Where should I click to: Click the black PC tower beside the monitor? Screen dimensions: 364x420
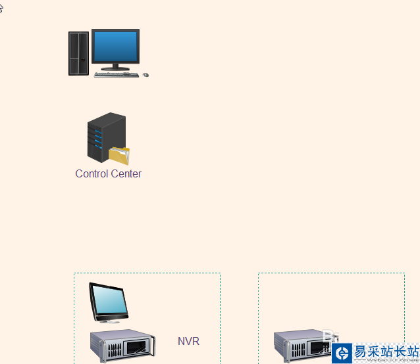(78, 53)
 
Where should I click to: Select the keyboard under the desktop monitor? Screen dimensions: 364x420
(117, 75)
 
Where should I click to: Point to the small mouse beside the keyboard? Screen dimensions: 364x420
(145, 75)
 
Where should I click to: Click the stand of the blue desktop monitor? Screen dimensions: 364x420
(116, 66)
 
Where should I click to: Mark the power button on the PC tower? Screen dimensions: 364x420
(83, 60)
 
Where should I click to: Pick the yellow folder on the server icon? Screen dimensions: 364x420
(119, 156)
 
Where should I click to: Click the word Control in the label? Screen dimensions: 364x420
(92, 174)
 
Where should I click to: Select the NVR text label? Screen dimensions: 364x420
(188, 342)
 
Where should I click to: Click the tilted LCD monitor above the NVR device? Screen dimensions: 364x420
(109, 300)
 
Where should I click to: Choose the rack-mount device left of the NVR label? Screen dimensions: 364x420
(122, 346)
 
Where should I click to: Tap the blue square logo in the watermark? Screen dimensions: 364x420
(342, 353)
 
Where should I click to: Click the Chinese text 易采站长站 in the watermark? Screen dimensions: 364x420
(386, 351)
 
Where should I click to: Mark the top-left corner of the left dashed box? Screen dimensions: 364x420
(74, 274)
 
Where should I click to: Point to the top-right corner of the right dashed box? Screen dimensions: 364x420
(404, 274)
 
